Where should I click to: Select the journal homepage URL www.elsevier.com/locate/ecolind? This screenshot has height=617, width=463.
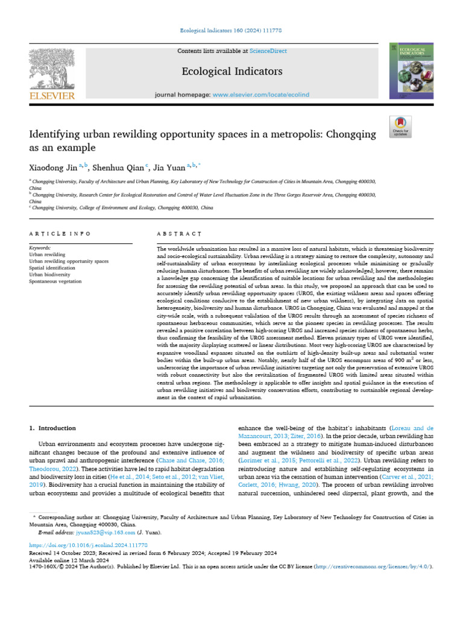pyautogui.click(x=260, y=95)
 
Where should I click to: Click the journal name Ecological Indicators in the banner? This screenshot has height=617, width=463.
pyautogui.click(x=231, y=72)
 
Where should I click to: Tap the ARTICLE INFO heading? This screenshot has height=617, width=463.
pyautogui.click(x=60, y=233)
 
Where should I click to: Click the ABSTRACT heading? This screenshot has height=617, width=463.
pyautogui.click(x=178, y=233)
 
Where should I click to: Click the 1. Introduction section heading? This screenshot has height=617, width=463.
pyautogui.click(x=52, y=428)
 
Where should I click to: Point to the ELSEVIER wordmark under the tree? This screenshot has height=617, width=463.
pyautogui.click(x=51, y=95)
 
